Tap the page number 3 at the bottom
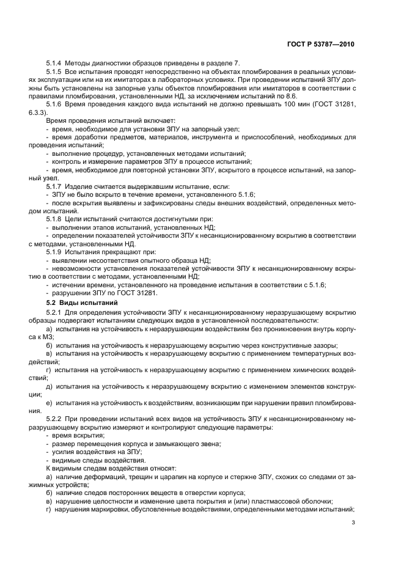(x=353, y=522)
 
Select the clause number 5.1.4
(x=55, y=63)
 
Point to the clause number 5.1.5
(x=55, y=72)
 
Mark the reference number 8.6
(x=280, y=96)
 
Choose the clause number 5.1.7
(x=55, y=185)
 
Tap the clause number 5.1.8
(x=55, y=218)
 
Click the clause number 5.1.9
(x=55, y=251)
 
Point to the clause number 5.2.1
(x=55, y=312)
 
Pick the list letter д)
(x=49, y=386)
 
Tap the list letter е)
(x=49, y=403)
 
